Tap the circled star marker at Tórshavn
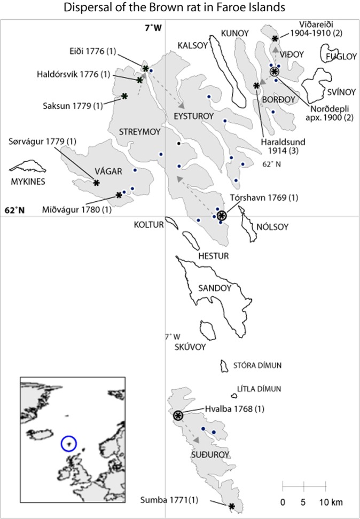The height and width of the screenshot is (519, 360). pyautogui.click(x=222, y=216)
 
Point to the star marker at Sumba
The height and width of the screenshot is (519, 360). pyautogui.click(x=231, y=506)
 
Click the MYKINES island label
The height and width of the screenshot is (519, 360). pyautogui.click(x=28, y=182)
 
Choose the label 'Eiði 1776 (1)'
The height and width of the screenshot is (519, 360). pyautogui.click(x=93, y=52)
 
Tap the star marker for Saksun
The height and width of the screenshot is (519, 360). pyautogui.click(x=124, y=96)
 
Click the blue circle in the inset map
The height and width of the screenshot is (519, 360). pyautogui.click(x=69, y=443)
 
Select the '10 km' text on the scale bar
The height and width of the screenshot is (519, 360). pyautogui.click(x=328, y=502)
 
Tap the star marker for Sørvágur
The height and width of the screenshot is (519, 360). pyautogui.click(x=96, y=183)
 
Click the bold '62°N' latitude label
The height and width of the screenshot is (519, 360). pyautogui.click(x=14, y=210)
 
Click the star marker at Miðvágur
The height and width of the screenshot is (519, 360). pyautogui.click(x=119, y=195)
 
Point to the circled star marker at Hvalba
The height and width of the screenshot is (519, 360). pyautogui.click(x=178, y=415)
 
